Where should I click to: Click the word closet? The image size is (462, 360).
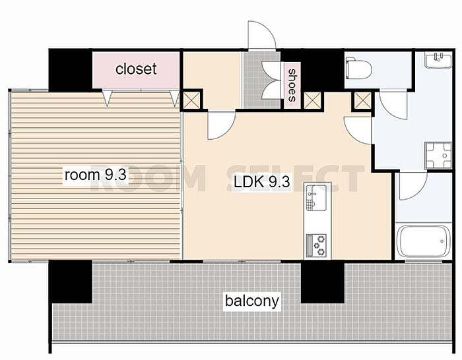click(136, 69)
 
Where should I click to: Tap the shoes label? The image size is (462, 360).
click(292, 85)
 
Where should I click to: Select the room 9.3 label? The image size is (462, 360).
click(96, 175)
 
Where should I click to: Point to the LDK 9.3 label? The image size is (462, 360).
click(262, 181)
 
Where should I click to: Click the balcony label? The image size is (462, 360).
click(252, 301)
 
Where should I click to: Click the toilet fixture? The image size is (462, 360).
click(358, 69)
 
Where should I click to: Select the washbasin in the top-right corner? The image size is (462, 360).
click(438, 60)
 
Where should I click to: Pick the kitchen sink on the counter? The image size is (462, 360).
click(316, 198)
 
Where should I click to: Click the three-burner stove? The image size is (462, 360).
click(316, 245)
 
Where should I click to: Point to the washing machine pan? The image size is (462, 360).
click(438, 156)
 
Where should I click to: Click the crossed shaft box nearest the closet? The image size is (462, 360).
click(191, 100)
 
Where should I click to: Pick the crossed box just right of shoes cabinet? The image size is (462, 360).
click(312, 100)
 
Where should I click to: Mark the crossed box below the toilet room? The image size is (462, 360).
click(363, 100)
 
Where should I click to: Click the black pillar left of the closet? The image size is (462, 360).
click(71, 69)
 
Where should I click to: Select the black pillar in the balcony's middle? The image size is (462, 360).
click(323, 282)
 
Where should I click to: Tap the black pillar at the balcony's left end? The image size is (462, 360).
click(71, 282)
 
